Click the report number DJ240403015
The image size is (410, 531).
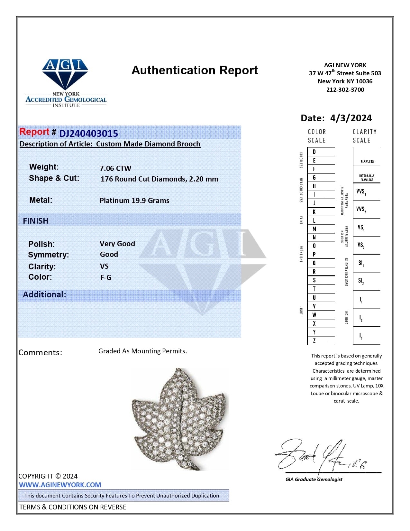(x=88, y=133)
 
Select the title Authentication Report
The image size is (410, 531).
(x=195, y=70)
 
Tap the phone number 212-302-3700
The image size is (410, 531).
(x=345, y=90)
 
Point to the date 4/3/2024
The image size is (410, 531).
(x=351, y=118)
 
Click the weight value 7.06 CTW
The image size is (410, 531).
(x=115, y=168)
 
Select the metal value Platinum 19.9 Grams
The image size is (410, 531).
(x=134, y=200)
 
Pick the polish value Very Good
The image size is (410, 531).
(x=117, y=244)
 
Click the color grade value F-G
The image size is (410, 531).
(x=106, y=277)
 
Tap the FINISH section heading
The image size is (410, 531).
(x=36, y=221)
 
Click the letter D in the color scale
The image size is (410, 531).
(x=314, y=152)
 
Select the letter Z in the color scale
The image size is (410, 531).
(x=314, y=340)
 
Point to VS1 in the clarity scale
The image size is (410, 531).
(x=361, y=228)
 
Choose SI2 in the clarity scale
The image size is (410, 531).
(x=361, y=281)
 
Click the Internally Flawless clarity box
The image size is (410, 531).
(x=367, y=178)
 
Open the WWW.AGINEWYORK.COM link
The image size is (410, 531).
(x=60, y=485)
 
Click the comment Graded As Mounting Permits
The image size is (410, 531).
(x=142, y=351)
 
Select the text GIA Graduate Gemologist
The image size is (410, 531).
(x=314, y=480)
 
